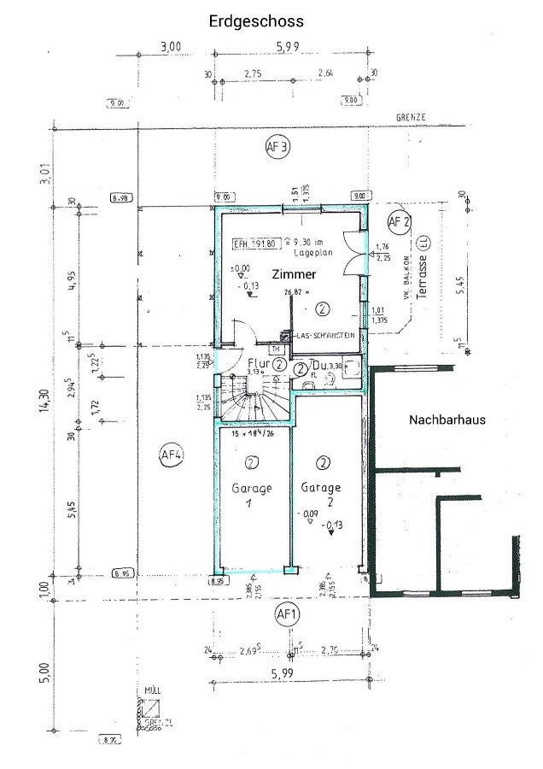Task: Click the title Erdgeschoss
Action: tap(256, 21)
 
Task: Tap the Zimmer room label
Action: tap(294, 274)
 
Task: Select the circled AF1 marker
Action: tap(286, 613)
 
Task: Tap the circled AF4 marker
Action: tap(172, 455)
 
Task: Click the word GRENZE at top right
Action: tap(410, 117)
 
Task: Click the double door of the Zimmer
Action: tap(357, 254)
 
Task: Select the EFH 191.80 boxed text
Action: tap(253, 244)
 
